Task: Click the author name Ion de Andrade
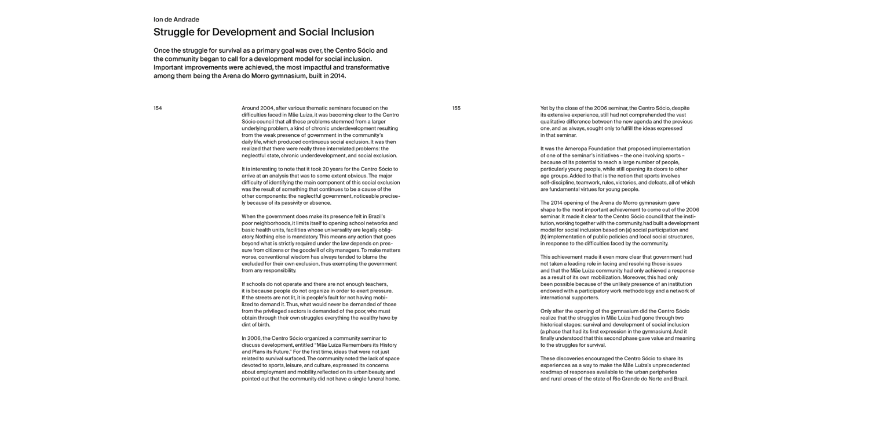point(176,20)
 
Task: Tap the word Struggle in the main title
point(175,32)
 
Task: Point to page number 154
point(158,108)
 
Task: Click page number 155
point(457,108)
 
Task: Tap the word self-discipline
point(557,183)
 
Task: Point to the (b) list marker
point(544,237)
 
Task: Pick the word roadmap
point(553,372)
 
